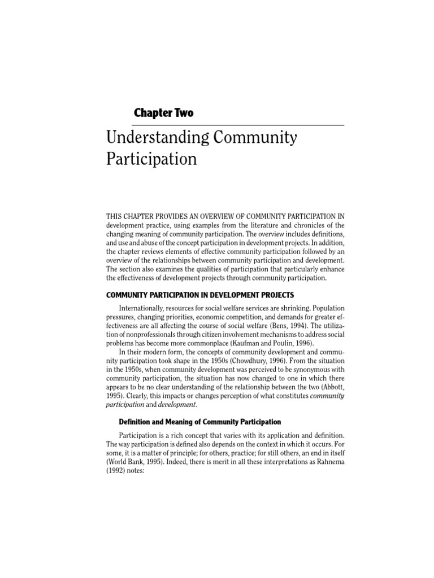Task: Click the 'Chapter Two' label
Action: (163, 113)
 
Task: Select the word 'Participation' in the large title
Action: (151, 159)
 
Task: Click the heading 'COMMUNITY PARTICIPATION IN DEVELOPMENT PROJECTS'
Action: (200, 295)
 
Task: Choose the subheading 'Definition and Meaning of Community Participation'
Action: (200, 422)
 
